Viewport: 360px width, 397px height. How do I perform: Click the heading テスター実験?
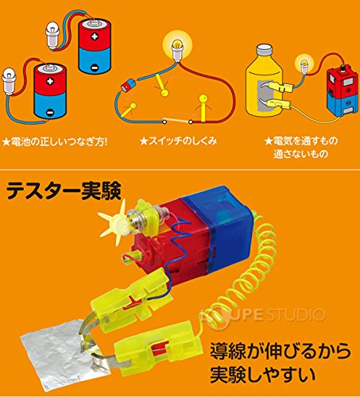point(64,191)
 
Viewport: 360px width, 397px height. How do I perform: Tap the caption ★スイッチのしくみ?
point(178,141)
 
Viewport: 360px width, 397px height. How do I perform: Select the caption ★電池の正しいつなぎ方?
point(55,142)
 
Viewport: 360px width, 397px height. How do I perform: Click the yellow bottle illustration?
point(264,79)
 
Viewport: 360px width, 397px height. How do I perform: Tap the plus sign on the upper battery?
point(95,37)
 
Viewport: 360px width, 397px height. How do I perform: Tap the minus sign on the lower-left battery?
point(50,113)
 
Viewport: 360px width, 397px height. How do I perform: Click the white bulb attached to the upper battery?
point(53,36)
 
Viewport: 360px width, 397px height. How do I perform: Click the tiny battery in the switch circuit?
point(128,85)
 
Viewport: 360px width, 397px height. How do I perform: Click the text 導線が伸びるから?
point(281,351)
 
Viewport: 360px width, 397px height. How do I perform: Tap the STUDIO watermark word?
point(293,314)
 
